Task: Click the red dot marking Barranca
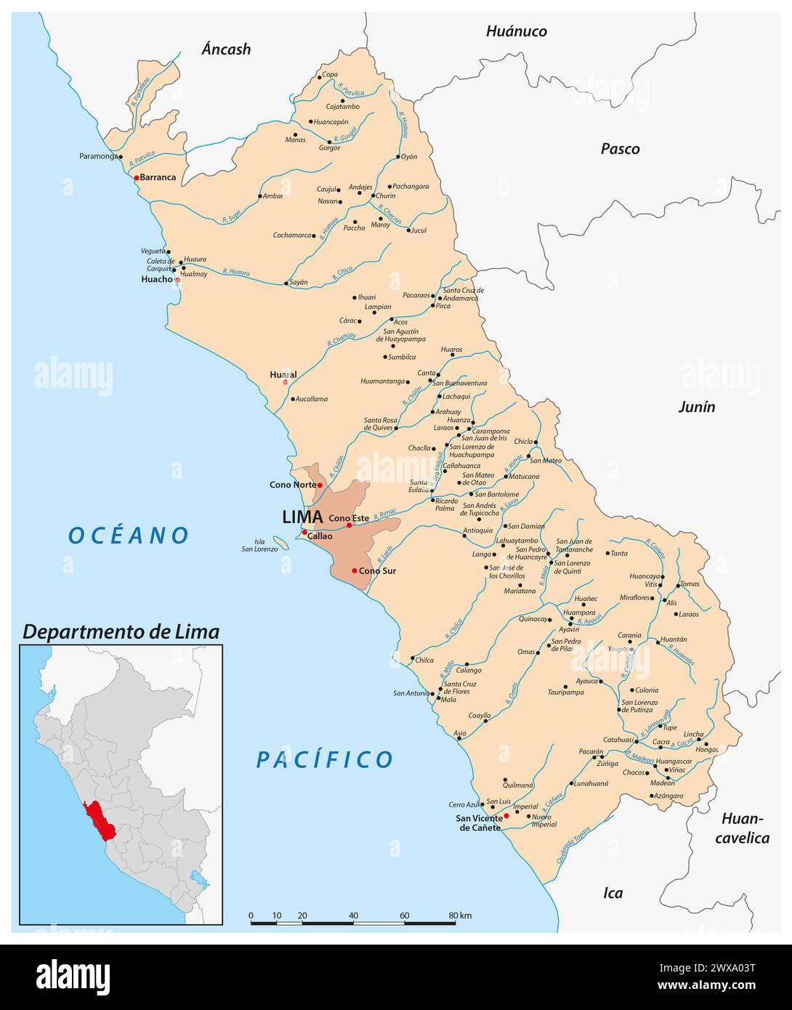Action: click(x=136, y=177)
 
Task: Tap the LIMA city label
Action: click(x=302, y=517)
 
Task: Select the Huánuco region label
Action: click(x=516, y=31)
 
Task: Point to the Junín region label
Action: click(x=696, y=407)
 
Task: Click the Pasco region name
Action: click(x=620, y=149)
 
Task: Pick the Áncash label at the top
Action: click(x=226, y=49)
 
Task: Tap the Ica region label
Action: click(x=613, y=893)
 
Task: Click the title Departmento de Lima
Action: click(x=121, y=632)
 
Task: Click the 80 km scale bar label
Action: click(x=460, y=916)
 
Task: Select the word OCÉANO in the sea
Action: click(x=129, y=536)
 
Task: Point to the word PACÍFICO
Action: click(x=324, y=760)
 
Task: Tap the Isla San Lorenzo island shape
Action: click(x=279, y=541)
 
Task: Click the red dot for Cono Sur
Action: click(x=355, y=570)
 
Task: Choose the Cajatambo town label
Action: click(x=342, y=107)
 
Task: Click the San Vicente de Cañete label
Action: click(x=478, y=823)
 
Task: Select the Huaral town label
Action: click(x=283, y=375)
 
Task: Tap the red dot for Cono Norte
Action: click(x=320, y=485)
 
